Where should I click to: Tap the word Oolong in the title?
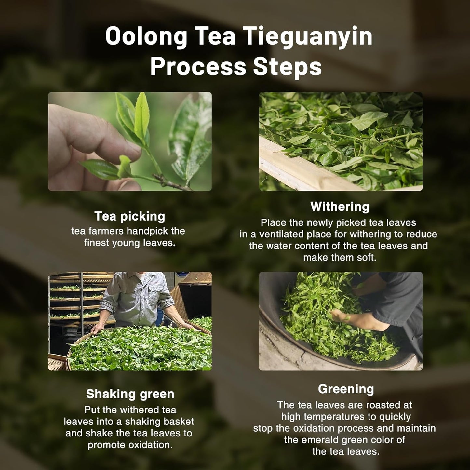[x=146, y=36]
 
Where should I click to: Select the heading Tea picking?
[x=130, y=216]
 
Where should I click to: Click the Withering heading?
[x=340, y=207]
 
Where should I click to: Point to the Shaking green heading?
[x=130, y=394]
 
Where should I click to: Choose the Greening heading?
[x=346, y=389]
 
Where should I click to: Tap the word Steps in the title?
[x=287, y=67]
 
